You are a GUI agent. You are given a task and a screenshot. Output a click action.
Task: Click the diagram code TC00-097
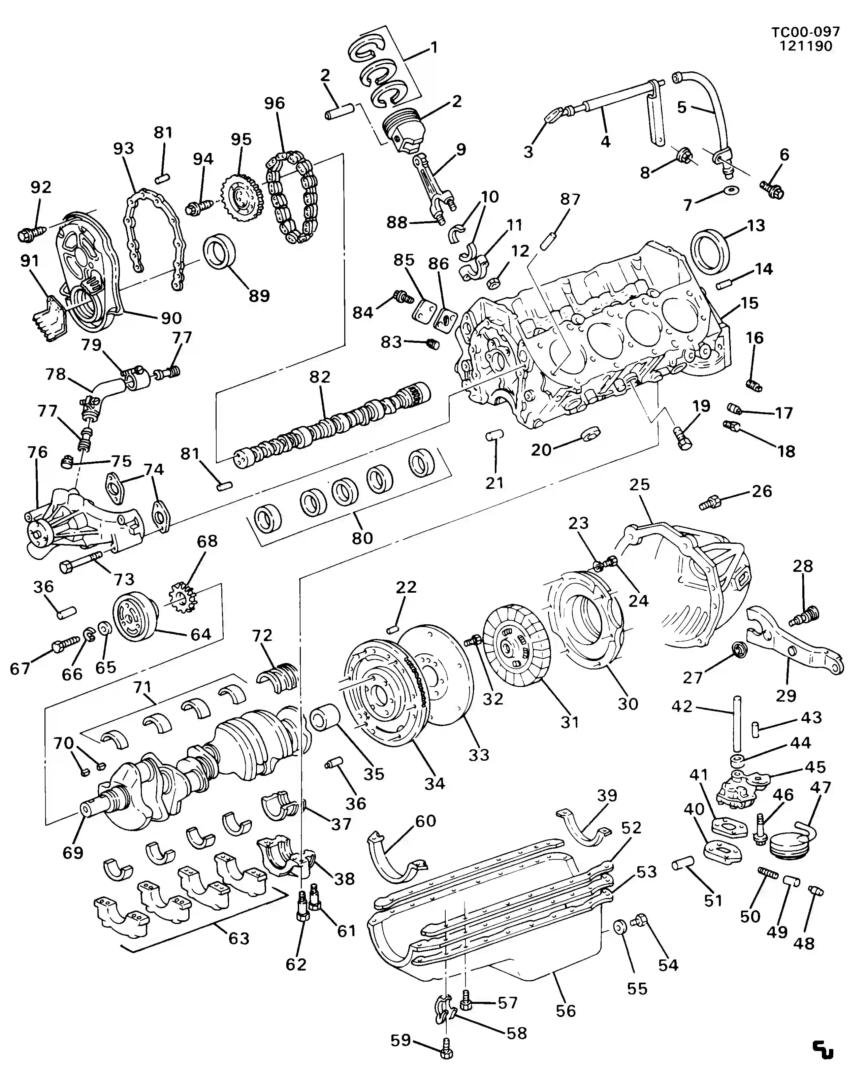tap(805, 32)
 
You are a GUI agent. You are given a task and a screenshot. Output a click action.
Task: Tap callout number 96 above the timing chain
tap(275, 103)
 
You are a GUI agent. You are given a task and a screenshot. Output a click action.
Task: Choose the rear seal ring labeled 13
tap(710, 250)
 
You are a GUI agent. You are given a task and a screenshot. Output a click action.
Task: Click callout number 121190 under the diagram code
tap(806, 46)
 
